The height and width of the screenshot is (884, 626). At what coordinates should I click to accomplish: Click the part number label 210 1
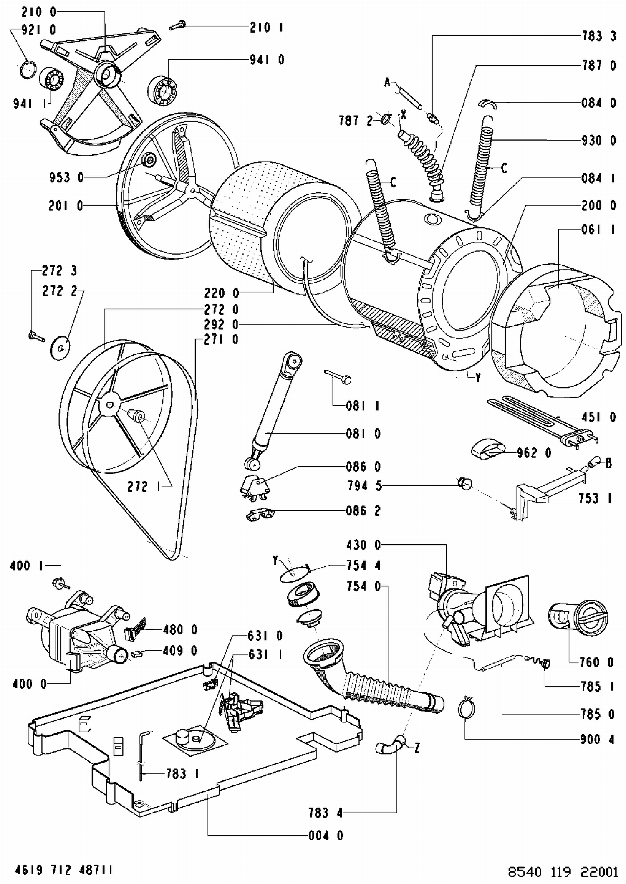[x=267, y=28]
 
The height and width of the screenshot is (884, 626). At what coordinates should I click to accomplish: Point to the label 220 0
[x=222, y=293]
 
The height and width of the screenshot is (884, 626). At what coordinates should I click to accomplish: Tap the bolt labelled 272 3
[x=36, y=336]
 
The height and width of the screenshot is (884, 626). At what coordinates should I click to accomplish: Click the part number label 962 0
[x=534, y=453]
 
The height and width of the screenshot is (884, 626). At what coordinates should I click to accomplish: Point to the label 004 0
[x=326, y=836]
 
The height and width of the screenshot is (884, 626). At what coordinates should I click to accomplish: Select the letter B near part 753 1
[x=608, y=463]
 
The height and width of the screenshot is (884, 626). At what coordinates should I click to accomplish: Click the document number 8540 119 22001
[x=563, y=872]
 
